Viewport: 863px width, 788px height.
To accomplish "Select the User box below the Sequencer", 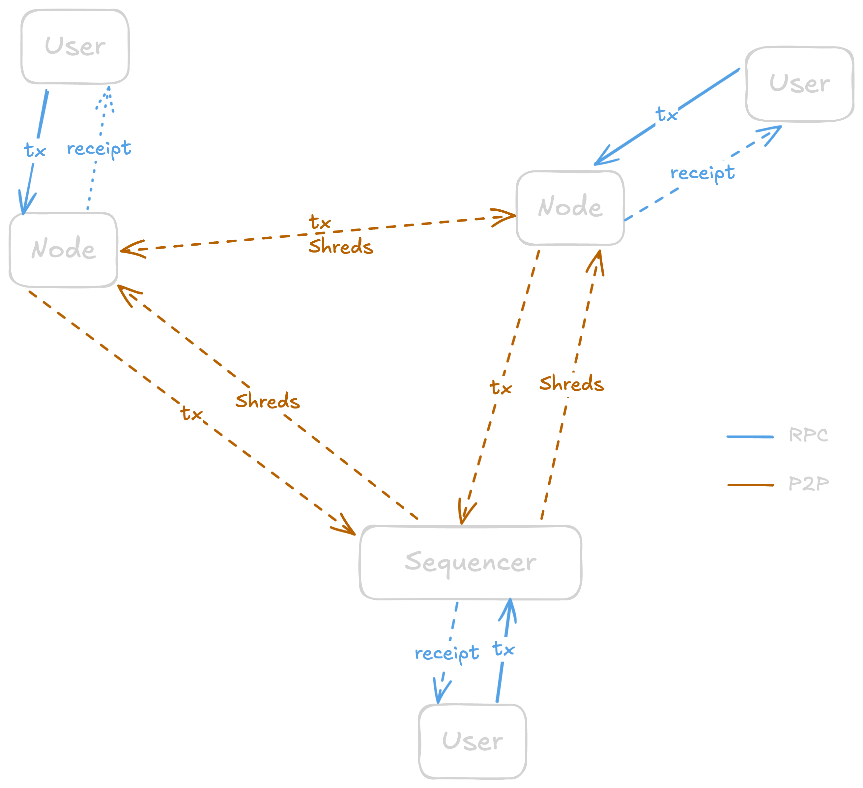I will (x=472, y=741).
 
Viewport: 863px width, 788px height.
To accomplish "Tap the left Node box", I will (x=63, y=249).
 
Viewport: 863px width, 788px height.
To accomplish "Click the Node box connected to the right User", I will (x=570, y=208).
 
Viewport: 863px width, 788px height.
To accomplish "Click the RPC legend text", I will (x=808, y=435).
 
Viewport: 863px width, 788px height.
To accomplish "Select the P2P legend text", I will (x=809, y=484).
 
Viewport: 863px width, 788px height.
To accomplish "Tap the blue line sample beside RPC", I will (x=750, y=437).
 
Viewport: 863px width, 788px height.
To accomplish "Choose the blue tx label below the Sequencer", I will (x=503, y=649).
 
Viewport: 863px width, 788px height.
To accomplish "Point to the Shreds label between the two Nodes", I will (x=341, y=247).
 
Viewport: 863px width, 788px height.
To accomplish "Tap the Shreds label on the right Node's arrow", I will (x=571, y=383).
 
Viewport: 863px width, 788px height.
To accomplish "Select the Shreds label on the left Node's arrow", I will (x=268, y=401).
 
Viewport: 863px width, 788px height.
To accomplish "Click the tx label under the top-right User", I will (x=667, y=114).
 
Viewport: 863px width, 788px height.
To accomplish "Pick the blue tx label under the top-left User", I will (x=35, y=150).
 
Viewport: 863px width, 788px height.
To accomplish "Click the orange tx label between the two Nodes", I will (x=320, y=222).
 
